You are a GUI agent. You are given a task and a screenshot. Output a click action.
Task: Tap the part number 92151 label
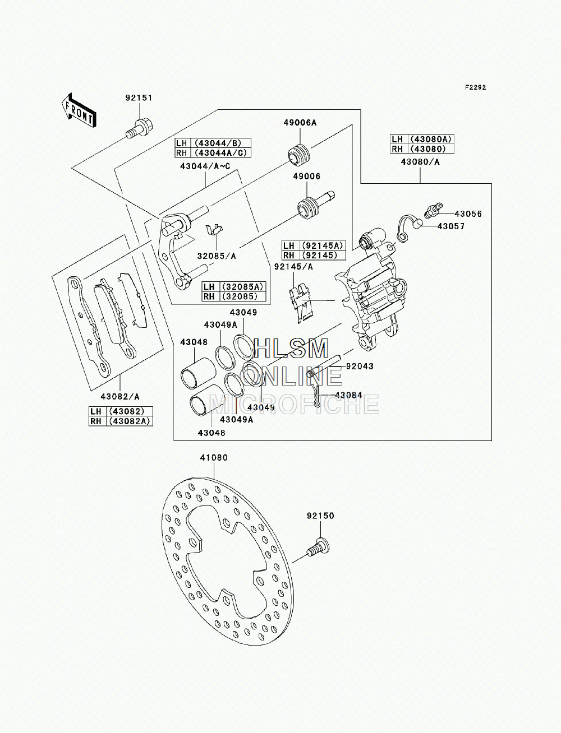pyautogui.click(x=139, y=98)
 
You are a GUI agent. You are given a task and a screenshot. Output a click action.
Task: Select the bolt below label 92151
pyautogui.click(x=139, y=128)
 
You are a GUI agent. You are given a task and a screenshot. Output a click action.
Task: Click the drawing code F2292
pyautogui.click(x=475, y=87)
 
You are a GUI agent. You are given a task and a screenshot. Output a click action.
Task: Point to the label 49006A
pyautogui.click(x=300, y=123)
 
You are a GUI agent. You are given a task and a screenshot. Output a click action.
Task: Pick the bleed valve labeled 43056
pyautogui.click(x=433, y=211)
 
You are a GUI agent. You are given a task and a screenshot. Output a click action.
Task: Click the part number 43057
pyautogui.click(x=451, y=226)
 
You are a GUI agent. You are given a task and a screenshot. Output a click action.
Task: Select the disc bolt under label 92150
pyautogui.click(x=318, y=548)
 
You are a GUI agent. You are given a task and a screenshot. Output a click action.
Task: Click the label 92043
pyautogui.click(x=360, y=366)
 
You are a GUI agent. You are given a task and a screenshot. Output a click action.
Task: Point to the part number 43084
pyautogui.click(x=349, y=396)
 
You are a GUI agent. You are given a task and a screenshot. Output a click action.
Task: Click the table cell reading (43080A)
pyautogui.click(x=431, y=139)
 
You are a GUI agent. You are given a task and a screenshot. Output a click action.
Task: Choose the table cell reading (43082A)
pyautogui.click(x=130, y=421)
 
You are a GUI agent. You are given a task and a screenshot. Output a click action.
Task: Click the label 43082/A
pyautogui.click(x=120, y=396)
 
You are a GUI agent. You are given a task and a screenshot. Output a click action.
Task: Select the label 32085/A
pyautogui.click(x=217, y=256)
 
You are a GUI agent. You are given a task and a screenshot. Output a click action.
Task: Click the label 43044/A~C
pyautogui.click(x=205, y=166)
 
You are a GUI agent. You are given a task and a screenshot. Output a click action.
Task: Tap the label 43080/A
pyautogui.click(x=420, y=162)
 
